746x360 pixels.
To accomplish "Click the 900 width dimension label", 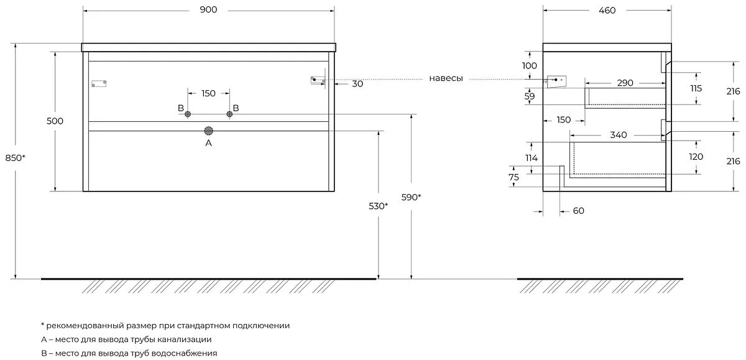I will point(209,10).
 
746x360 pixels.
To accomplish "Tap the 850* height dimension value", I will point(16,157).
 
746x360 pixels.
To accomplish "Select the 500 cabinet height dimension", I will point(55,121).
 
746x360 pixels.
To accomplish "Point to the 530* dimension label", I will point(377,206).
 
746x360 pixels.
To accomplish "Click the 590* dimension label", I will point(411,197).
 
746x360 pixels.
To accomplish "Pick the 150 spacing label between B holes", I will point(208,93).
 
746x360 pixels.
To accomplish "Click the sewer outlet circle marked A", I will point(209,131).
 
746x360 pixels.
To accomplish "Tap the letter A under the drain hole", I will point(209,143).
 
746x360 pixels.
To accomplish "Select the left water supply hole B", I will point(188,114).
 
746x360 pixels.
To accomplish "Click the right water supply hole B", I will point(229,114).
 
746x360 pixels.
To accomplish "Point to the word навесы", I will point(446,78).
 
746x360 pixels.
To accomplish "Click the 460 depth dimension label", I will point(607,10).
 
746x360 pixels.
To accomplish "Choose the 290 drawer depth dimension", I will point(625,83).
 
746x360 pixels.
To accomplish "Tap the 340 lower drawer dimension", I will point(619,134).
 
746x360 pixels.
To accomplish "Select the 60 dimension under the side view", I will point(578,211).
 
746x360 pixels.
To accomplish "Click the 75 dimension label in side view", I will point(513,177).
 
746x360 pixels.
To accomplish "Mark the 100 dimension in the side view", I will point(529,65).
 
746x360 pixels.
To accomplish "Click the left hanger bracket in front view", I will point(99,83).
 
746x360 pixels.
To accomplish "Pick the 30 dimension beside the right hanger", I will point(357,83).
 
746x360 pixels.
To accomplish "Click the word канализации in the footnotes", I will point(185,339).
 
